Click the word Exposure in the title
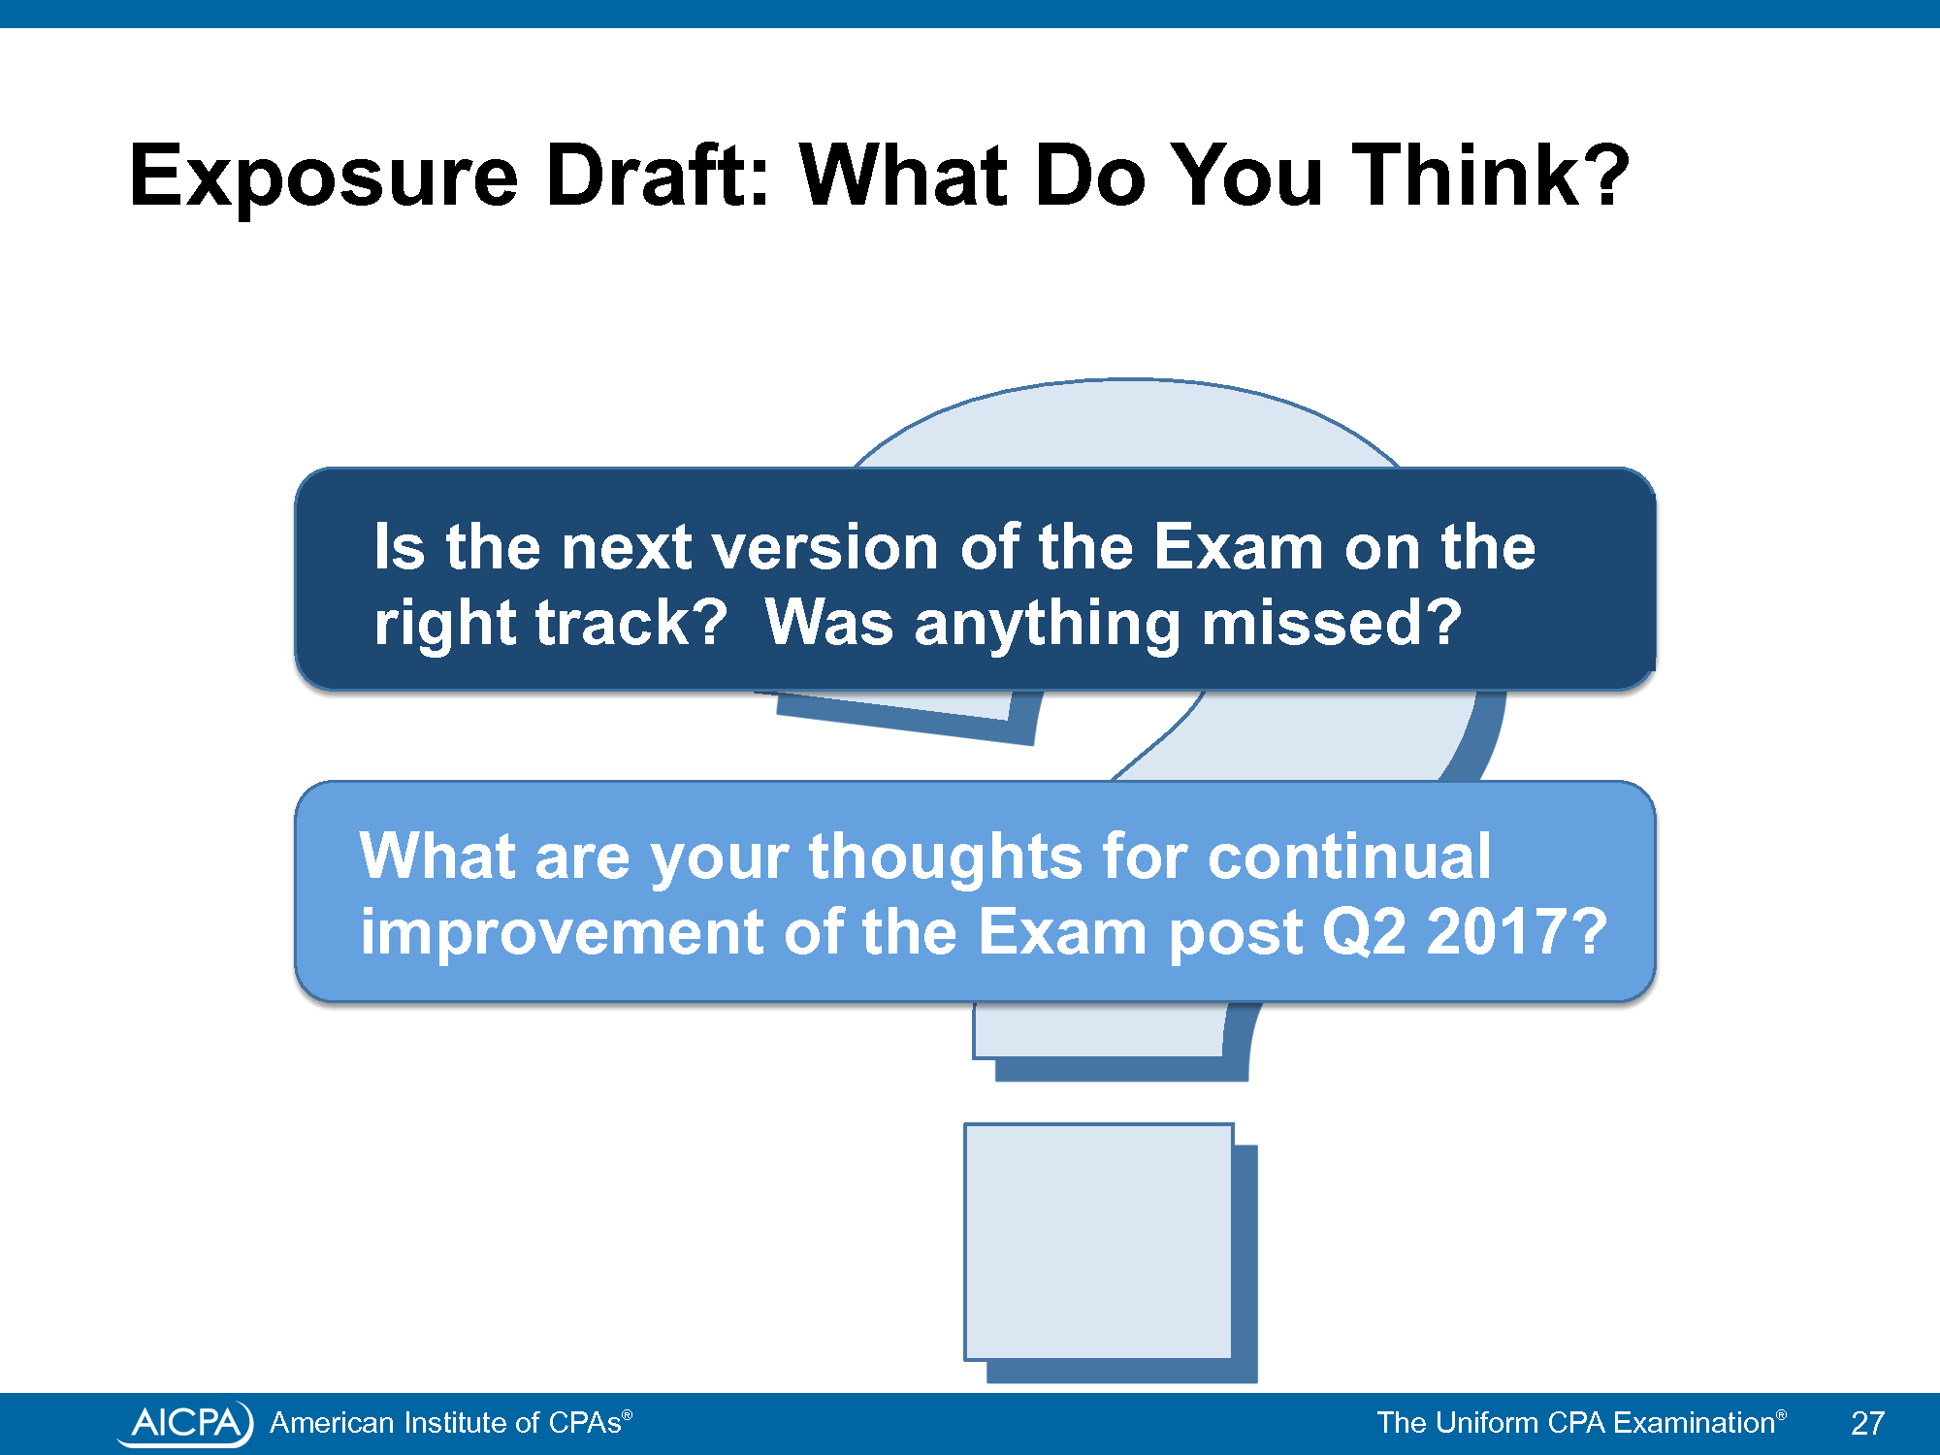[324, 177]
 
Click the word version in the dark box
[825, 547]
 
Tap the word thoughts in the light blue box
[945, 858]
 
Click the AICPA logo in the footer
[185, 1423]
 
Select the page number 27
[1867, 1423]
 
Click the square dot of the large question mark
[1099, 1242]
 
